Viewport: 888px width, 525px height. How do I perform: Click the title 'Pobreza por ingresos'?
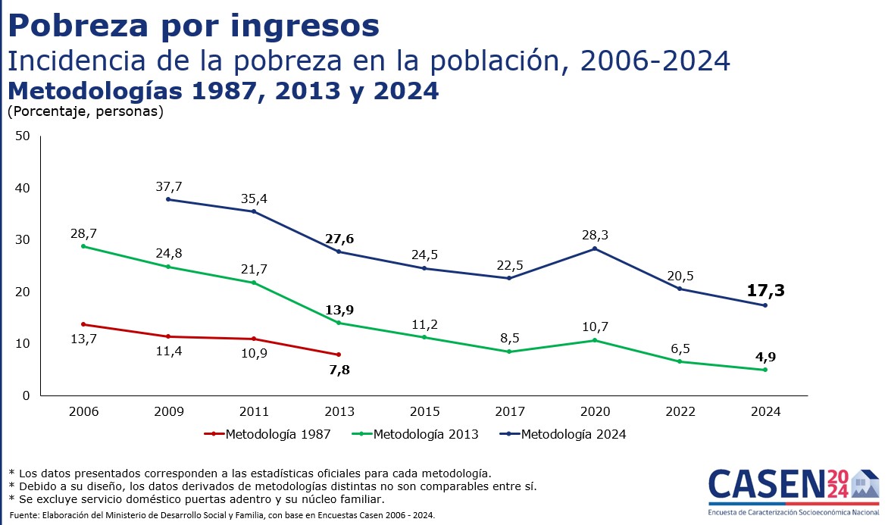[x=193, y=26]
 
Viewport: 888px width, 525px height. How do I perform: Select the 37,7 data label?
[x=168, y=186]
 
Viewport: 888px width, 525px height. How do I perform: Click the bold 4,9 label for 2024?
[x=764, y=356]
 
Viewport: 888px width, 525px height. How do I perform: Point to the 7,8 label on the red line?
[x=339, y=370]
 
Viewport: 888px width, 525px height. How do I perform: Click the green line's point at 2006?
[x=83, y=246]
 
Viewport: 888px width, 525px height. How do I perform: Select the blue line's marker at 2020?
[x=595, y=248]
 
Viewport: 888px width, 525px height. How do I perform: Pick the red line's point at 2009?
[x=168, y=336]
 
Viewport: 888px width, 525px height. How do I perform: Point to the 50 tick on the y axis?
[x=23, y=136]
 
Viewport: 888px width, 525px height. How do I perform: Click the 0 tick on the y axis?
[x=26, y=395]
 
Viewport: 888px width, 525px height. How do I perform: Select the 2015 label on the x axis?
[x=424, y=412]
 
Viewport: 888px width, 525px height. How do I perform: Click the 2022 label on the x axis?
[x=680, y=412]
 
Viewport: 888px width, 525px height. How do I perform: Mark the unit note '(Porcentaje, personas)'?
[x=85, y=111]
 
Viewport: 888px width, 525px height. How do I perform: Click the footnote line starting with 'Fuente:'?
[x=222, y=515]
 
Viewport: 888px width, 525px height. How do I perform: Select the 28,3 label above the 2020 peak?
[x=595, y=236]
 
